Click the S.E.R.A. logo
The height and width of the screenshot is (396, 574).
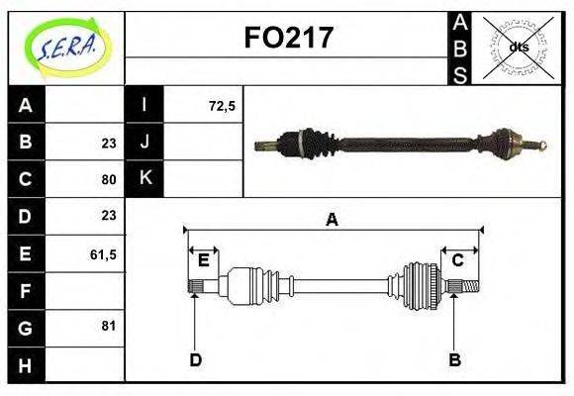pos(66,47)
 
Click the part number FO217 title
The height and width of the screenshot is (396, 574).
pos(288,38)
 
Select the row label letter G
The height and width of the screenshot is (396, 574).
pos(26,327)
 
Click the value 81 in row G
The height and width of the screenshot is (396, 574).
pos(108,325)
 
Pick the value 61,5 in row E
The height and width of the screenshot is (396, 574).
pos(103,254)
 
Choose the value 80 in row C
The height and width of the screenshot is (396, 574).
pos(108,180)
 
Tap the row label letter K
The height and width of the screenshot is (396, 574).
pos(144,178)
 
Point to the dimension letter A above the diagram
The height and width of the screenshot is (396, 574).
pos(332,221)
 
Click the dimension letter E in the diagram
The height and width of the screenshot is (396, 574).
pos(204,260)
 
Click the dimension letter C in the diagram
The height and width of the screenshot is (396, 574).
pos(458,260)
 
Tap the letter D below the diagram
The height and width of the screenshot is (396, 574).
pos(195,359)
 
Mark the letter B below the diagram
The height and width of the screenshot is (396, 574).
pos(454,359)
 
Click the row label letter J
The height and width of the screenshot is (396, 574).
pos(144,142)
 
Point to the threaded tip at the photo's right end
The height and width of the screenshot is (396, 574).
pos(541,147)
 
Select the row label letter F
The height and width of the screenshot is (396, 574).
pos(26,291)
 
